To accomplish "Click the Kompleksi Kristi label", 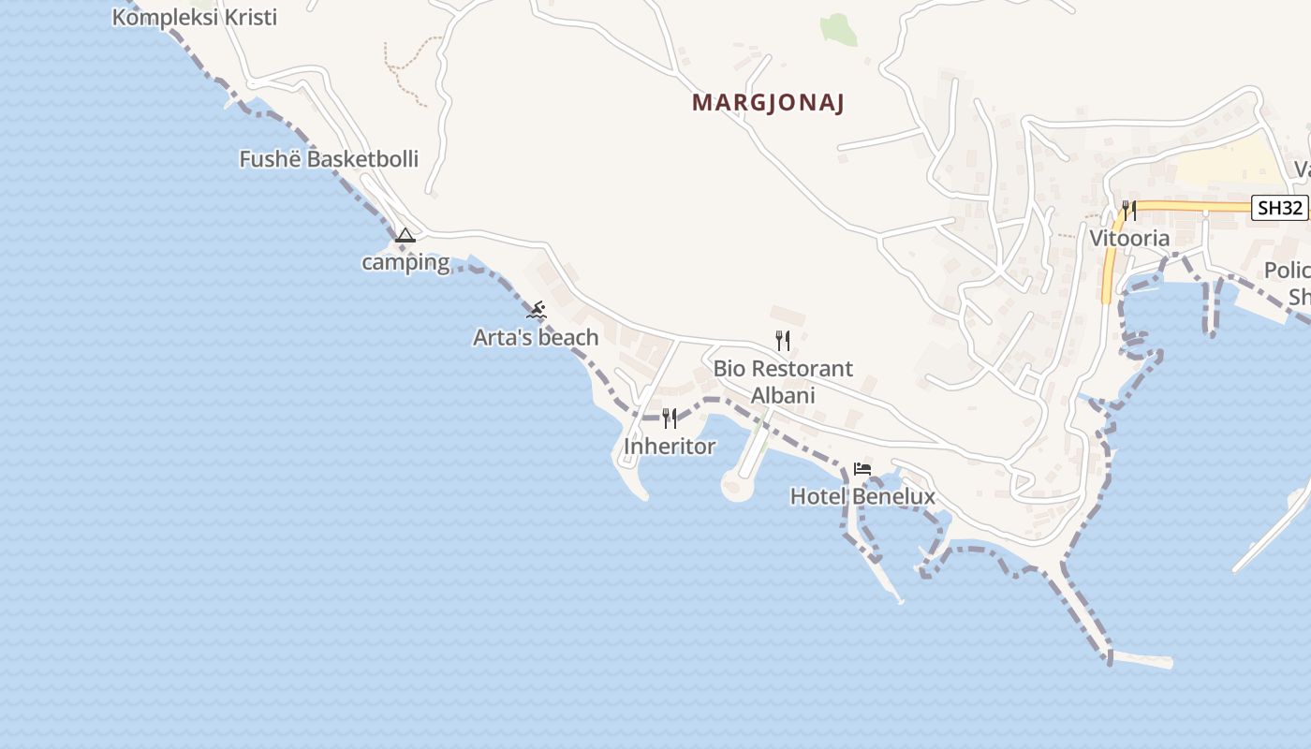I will [195, 18].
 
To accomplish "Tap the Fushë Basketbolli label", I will [329, 159].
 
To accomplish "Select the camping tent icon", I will [405, 235].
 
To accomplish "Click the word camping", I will [405, 262].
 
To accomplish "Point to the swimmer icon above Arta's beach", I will [537, 310].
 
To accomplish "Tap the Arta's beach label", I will [536, 337].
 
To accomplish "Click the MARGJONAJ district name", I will [768, 103].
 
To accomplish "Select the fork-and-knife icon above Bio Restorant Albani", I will [783, 341].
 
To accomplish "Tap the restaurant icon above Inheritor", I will [670, 418].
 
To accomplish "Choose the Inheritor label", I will [670, 447].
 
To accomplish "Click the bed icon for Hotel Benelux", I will [862, 469].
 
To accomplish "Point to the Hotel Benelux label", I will [862, 496].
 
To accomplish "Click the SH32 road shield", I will [1280, 208].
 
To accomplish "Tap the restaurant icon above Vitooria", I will [1129, 210].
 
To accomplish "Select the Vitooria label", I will [1129, 238].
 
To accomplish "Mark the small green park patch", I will [839, 29].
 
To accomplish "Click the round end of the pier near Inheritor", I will [736, 486].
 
